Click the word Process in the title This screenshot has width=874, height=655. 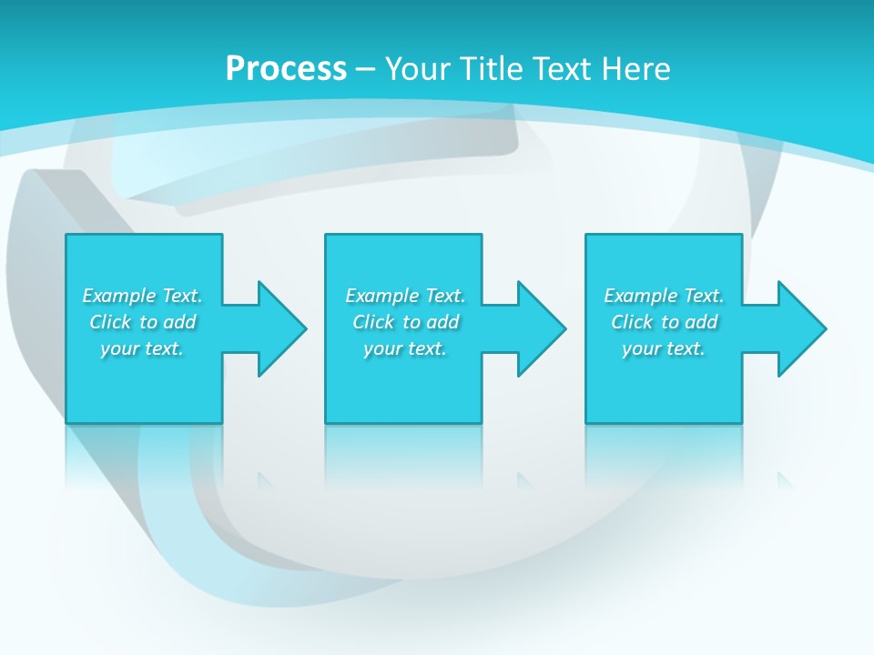coord(286,69)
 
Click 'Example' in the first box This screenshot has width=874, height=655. coord(119,296)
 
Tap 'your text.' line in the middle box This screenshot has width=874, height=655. coord(404,348)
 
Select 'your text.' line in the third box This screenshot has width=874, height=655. coord(664,348)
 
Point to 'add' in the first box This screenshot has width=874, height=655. coord(180,322)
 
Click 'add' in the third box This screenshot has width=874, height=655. coord(702,322)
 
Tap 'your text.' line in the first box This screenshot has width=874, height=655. coord(142,348)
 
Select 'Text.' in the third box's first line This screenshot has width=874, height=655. coord(704,296)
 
